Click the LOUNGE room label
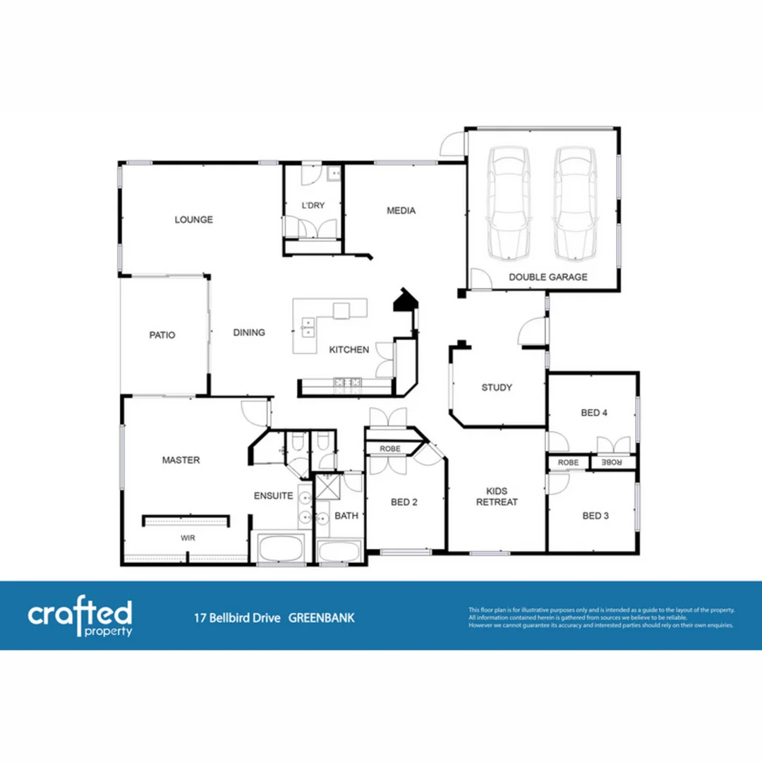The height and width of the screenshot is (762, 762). [194, 219]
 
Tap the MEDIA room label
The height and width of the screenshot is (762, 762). [401, 210]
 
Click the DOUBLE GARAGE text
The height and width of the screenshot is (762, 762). [548, 277]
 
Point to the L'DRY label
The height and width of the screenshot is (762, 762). [313, 205]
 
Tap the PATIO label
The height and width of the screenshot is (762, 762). [162, 335]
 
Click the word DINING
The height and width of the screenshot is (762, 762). [249, 332]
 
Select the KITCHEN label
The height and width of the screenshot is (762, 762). [349, 349]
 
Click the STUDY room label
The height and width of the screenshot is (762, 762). [497, 387]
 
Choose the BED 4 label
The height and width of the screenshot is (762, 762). [594, 413]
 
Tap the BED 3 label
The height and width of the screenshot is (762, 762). [595, 516]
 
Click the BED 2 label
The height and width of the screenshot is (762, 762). [404, 502]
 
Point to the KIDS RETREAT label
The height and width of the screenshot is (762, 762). [497, 497]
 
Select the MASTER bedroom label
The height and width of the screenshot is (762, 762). [181, 460]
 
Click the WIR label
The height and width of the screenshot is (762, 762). [188, 538]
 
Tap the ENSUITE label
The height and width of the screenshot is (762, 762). [273, 496]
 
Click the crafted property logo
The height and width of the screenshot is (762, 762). [80, 617]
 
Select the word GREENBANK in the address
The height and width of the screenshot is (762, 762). [322, 618]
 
